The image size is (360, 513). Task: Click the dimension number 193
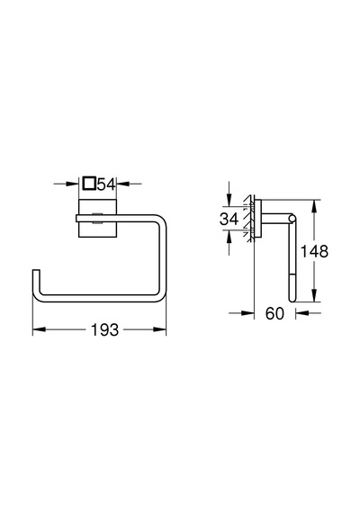[104, 329]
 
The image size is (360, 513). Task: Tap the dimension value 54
[107, 184]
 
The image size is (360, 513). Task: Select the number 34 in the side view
[229, 219]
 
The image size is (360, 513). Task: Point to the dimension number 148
[314, 251]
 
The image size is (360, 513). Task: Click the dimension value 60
[274, 313]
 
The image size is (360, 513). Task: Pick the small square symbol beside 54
[89, 184]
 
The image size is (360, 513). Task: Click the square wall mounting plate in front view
[98, 218]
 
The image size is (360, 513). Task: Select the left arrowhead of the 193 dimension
[39, 329]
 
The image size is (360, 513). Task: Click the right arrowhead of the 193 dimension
[159, 329]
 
